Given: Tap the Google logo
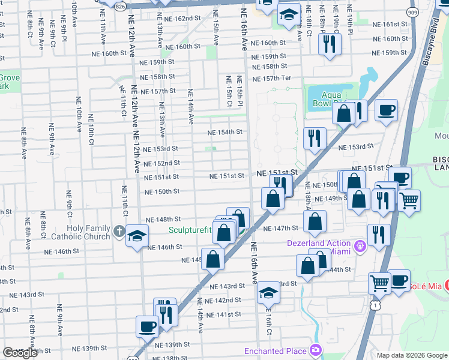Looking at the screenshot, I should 20,353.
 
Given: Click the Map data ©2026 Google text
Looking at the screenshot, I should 412,355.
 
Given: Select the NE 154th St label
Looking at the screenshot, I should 224,132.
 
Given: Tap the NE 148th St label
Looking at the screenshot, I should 163,220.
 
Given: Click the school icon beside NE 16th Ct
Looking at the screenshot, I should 268,293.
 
